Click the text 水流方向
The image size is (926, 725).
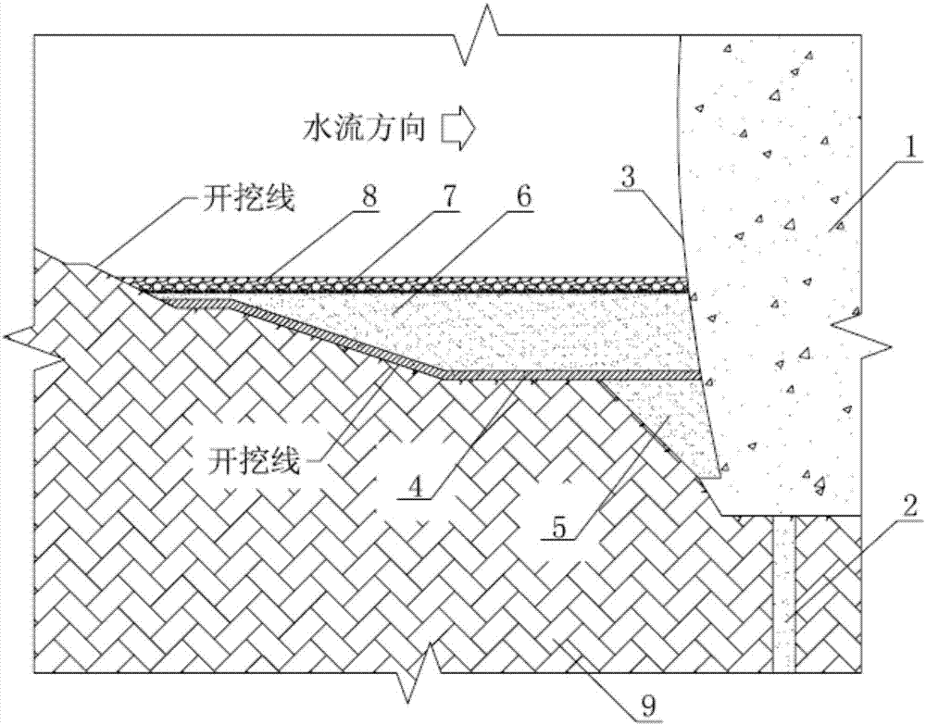pos(364,130)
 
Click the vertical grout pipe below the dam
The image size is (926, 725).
pos(784,593)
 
